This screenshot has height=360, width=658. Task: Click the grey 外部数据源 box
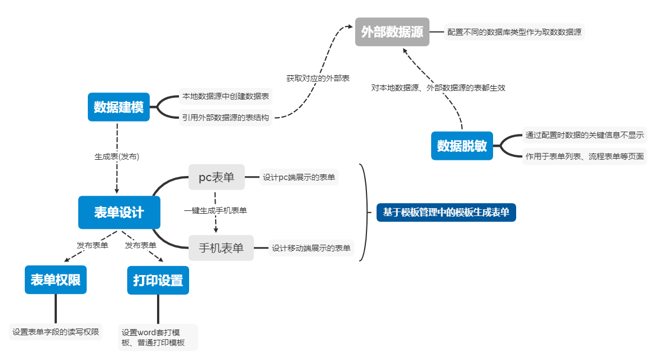point(392,32)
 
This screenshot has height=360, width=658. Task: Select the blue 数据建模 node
point(119,107)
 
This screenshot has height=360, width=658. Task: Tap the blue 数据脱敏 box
point(462,146)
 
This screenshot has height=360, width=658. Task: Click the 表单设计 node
point(119,213)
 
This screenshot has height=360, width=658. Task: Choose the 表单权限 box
point(55,280)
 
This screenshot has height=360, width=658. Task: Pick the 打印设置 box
point(158,280)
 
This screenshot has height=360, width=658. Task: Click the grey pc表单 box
point(217,177)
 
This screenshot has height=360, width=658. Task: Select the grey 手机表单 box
point(221,248)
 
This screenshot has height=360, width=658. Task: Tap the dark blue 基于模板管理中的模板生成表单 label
point(446,213)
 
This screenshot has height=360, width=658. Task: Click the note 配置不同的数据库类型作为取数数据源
point(514,32)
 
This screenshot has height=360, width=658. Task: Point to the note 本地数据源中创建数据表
point(225,97)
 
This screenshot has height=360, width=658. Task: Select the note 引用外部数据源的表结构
point(225,118)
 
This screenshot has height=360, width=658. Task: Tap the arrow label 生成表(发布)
point(117,157)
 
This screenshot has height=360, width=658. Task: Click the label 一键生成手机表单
point(216,211)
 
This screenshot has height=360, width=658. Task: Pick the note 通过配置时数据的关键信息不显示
point(584,135)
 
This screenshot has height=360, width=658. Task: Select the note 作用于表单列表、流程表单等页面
point(584,156)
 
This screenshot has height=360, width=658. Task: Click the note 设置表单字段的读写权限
point(56,332)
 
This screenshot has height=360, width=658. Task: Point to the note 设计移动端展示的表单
point(311,248)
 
